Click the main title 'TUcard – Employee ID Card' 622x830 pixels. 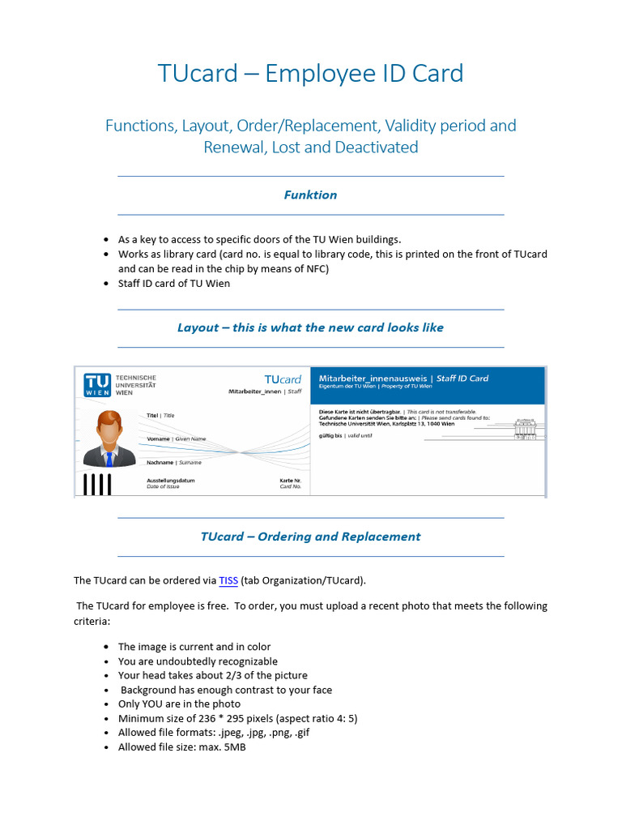(x=310, y=73)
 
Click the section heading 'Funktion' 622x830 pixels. (x=310, y=195)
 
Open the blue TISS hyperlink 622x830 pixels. (x=228, y=580)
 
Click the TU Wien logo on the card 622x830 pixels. (x=98, y=385)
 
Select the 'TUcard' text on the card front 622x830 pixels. (x=283, y=379)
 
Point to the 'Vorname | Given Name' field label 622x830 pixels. (x=176, y=439)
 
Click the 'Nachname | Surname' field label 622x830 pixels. (x=173, y=462)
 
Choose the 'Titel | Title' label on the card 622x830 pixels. (x=160, y=415)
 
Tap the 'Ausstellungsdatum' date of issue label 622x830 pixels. (x=170, y=480)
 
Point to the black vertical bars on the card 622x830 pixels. (x=97, y=484)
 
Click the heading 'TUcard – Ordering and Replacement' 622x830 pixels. (x=310, y=537)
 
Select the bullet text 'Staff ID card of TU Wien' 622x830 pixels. (x=174, y=283)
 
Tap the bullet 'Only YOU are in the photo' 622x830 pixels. (x=179, y=704)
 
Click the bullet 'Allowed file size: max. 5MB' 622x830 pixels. (x=181, y=747)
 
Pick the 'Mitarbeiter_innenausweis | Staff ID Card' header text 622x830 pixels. (x=403, y=378)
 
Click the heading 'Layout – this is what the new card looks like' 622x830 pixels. (x=310, y=327)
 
